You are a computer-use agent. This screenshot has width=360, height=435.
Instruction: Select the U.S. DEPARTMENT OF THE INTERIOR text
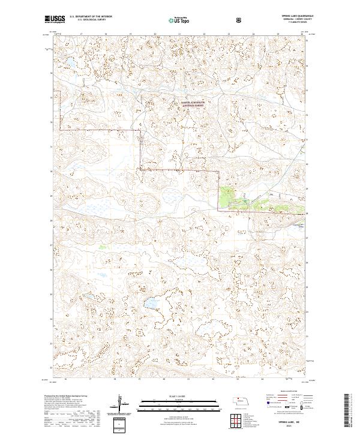click(x=89, y=17)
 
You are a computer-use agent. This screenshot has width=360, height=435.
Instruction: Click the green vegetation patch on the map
click(x=228, y=196)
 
